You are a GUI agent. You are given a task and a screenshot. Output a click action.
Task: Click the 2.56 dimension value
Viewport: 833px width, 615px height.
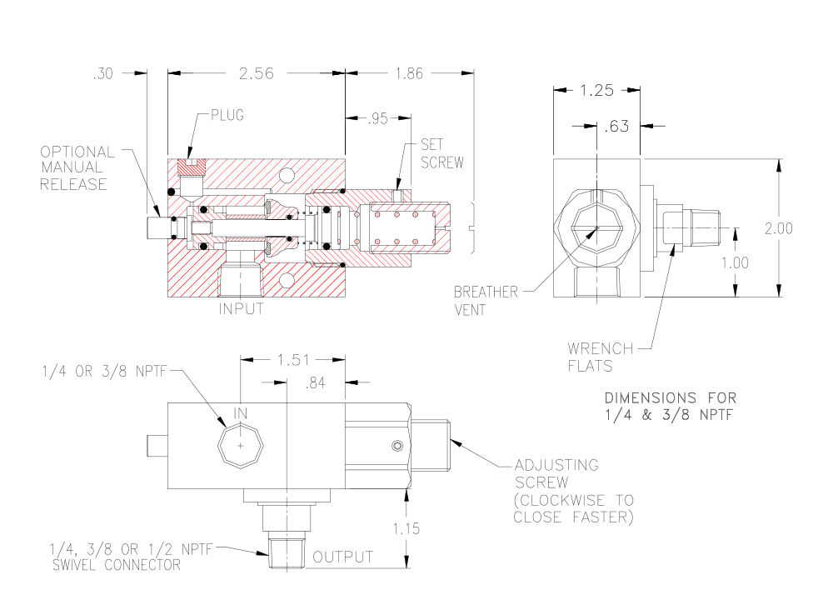(x=257, y=73)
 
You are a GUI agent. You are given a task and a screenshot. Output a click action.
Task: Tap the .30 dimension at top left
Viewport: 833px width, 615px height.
(x=104, y=73)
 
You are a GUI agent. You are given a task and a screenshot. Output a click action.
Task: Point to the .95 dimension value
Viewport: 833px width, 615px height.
(x=378, y=118)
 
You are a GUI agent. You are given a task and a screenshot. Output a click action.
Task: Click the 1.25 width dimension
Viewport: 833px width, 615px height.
(x=596, y=90)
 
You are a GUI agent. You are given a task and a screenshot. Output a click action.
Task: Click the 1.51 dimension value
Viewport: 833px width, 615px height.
(x=292, y=360)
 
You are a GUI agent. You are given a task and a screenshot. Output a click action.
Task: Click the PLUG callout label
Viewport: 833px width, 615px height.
(x=227, y=115)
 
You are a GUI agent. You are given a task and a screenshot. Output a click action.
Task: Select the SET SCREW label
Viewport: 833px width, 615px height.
(x=441, y=153)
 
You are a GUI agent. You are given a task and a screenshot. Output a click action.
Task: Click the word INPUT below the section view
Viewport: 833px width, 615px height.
(x=241, y=309)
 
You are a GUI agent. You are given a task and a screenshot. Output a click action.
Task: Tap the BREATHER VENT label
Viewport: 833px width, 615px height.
(x=486, y=300)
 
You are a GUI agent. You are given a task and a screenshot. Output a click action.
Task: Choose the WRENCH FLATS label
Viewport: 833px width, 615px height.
(x=600, y=356)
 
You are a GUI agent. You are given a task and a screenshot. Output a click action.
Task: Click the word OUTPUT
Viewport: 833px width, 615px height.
(x=342, y=557)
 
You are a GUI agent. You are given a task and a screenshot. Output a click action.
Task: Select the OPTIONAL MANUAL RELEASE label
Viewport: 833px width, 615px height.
(x=77, y=168)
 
